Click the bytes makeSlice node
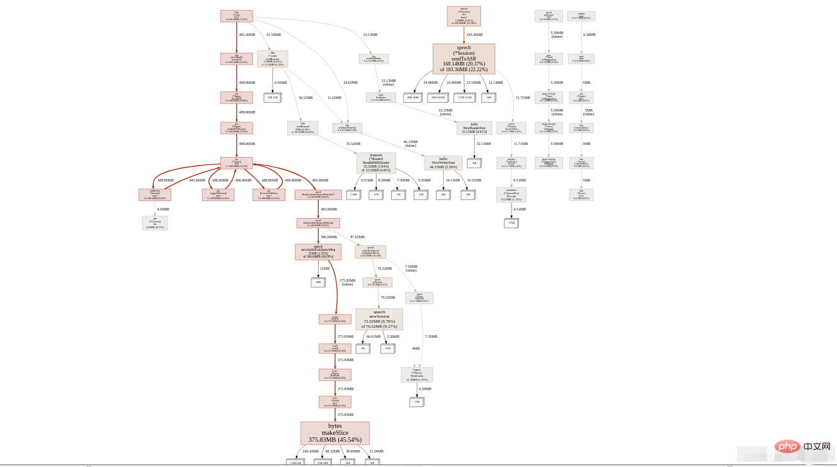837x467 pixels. [x=334, y=433]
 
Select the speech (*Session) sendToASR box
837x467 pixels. [x=464, y=59]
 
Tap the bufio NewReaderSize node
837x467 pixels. [x=474, y=128]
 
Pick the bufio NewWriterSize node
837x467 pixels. [x=443, y=163]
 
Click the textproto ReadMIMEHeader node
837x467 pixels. [x=376, y=163]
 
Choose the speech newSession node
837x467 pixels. [x=379, y=319]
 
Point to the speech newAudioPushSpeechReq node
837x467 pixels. [x=318, y=252]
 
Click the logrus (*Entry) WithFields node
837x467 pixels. [x=417, y=375]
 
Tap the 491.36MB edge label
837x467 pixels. [x=247, y=35]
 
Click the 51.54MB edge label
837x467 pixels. [x=273, y=35]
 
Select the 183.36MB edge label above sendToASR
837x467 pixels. [x=474, y=35]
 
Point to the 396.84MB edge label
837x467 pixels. [x=329, y=237]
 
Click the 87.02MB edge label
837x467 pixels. [x=358, y=237]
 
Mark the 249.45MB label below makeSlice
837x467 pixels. [x=310, y=451]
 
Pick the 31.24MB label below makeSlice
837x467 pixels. [x=376, y=451]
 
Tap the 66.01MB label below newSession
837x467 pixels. [x=373, y=337]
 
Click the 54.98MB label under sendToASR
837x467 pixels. [x=430, y=83]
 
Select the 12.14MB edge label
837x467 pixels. [x=496, y=83]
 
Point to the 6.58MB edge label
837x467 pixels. [x=589, y=35]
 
